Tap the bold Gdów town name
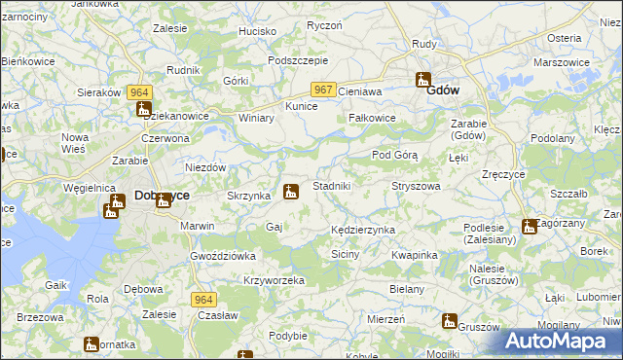[x=443, y=90]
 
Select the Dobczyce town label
[x=162, y=195]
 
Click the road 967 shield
[x=324, y=90]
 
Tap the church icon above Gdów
[x=423, y=80]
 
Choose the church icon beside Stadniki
[x=290, y=192]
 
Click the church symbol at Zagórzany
[x=529, y=226]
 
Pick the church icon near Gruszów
[x=449, y=320]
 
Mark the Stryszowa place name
[x=416, y=185]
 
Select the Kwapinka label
[x=414, y=254]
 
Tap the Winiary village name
[x=257, y=118]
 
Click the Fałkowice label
[x=372, y=118]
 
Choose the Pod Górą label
[x=395, y=156]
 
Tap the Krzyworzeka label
[x=275, y=280]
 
